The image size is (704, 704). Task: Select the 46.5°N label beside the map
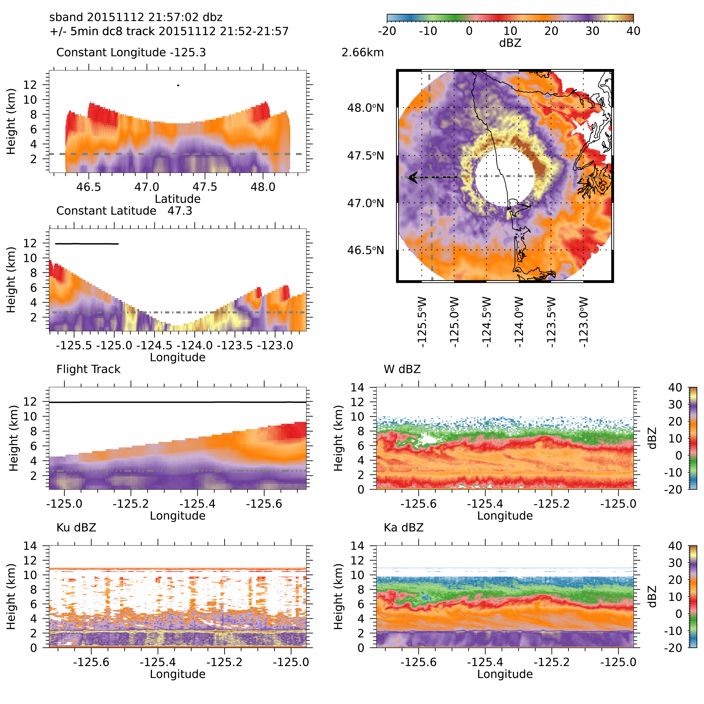366,250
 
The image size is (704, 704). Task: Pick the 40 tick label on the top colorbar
633,31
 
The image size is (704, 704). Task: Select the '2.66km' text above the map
363,52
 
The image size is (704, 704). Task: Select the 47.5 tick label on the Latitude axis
205,187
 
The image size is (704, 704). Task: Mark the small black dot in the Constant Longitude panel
178,85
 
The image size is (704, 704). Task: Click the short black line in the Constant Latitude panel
87,243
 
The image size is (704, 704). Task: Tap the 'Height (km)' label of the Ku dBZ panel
11,596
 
